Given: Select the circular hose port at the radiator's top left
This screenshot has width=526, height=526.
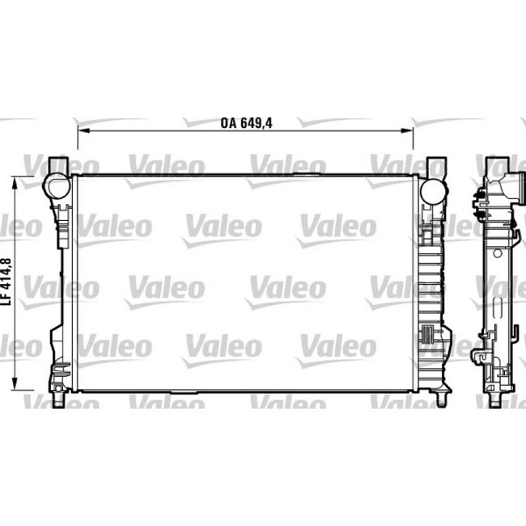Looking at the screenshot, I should click(x=57, y=185).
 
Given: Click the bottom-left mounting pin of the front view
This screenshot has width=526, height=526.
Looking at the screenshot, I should click(x=61, y=399).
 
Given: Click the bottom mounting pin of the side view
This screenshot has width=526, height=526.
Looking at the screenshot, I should click(x=494, y=401).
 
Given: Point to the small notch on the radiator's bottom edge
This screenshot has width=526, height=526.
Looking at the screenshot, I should click(x=180, y=396).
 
